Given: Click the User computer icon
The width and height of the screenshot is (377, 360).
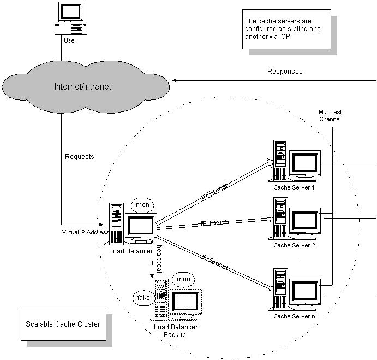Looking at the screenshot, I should pyautogui.click(x=71, y=19).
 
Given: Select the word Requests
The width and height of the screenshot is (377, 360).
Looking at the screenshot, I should pyautogui.click(x=80, y=157).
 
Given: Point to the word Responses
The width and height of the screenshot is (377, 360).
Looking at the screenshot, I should pyautogui.click(x=285, y=72).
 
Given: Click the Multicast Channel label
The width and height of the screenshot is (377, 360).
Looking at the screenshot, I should pyautogui.click(x=330, y=115).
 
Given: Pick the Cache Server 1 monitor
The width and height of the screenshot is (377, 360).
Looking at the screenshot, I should pyautogui.click(x=305, y=162).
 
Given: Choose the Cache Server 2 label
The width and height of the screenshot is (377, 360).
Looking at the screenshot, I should pyautogui.click(x=295, y=245).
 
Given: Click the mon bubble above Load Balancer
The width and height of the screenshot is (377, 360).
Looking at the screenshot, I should pyautogui.click(x=142, y=205).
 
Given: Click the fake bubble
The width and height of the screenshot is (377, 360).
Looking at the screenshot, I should pyautogui.click(x=143, y=298).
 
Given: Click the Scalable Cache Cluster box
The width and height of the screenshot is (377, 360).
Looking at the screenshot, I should pyautogui.click(x=63, y=324).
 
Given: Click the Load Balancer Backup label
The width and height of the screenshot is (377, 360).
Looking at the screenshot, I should pyautogui.click(x=175, y=331).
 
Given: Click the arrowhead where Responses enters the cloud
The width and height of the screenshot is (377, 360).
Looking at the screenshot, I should pyautogui.click(x=175, y=80).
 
